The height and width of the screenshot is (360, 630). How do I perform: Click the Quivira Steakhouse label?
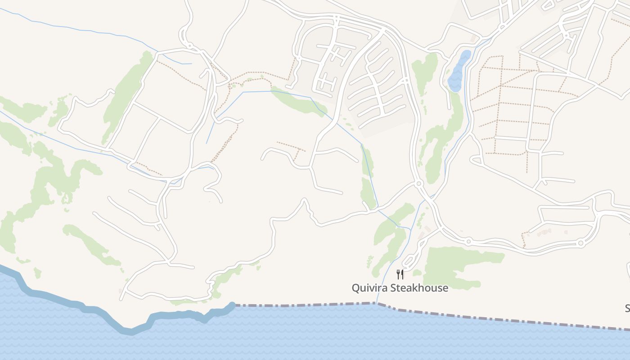[400, 288]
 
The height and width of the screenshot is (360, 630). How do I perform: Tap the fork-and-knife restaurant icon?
[400, 274]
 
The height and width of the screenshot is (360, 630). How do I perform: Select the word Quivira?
[369, 288]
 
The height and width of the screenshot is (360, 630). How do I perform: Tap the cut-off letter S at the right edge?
[627, 308]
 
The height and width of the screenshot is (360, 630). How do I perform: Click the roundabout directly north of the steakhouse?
[418, 183]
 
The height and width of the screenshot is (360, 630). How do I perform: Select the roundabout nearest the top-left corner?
[189, 45]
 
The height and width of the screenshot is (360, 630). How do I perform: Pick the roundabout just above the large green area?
[468, 241]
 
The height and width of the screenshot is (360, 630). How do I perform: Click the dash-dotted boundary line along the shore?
[495, 318]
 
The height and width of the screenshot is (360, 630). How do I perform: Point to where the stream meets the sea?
[376, 303]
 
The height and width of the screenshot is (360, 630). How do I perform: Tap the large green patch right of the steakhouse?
[459, 265]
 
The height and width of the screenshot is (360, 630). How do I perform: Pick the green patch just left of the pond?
[424, 72]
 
